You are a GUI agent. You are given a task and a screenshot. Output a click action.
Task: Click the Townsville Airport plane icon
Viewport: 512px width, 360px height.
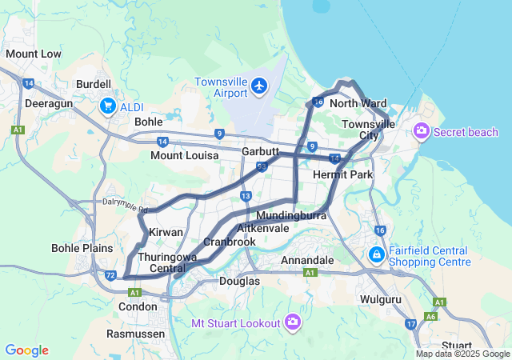point(258,85)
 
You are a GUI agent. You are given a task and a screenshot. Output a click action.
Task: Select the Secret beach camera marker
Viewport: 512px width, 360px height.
point(421,131)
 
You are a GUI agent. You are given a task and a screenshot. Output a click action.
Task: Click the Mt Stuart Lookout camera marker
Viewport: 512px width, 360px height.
point(293,322)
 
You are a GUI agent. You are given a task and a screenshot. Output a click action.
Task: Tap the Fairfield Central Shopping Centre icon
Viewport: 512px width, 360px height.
point(376,254)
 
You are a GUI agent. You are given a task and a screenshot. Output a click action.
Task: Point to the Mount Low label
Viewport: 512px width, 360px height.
point(34,54)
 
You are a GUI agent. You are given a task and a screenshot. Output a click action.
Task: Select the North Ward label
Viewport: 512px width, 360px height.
point(358,104)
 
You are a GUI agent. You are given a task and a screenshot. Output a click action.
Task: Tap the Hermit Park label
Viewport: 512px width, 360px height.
point(343,174)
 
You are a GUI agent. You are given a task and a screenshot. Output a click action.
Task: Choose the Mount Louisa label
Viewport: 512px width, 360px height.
point(184,155)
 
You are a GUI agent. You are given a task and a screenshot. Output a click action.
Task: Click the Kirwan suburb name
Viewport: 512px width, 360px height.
point(166,232)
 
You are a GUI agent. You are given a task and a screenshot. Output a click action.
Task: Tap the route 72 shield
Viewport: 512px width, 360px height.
point(111,274)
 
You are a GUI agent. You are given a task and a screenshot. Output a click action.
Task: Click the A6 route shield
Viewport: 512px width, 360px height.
point(431,317)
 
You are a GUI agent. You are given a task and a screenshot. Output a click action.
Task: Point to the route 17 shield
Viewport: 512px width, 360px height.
point(410,324)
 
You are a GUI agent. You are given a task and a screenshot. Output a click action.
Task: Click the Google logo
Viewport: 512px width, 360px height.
point(27,350)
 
